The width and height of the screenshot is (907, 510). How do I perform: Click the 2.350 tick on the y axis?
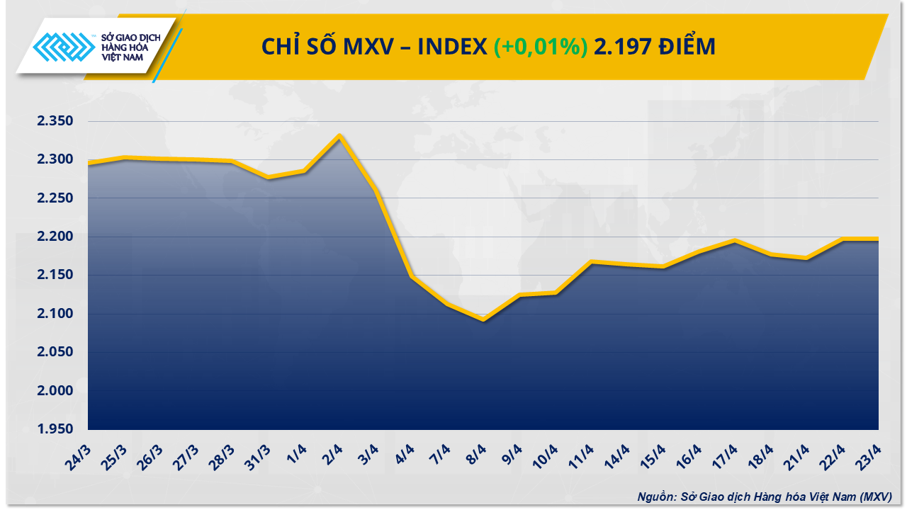coord(56,122)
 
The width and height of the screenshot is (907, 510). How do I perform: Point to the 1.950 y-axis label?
coord(56,429)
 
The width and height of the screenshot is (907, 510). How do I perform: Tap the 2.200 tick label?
coord(56,237)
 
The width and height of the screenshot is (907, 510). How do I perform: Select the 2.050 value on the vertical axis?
coord(56,352)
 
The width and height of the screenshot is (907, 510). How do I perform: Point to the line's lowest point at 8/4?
coord(484,319)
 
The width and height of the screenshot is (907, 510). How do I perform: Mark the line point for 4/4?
coord(412,276)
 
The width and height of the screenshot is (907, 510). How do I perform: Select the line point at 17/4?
coord(735,241)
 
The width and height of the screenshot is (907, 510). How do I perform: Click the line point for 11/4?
coord(592,262)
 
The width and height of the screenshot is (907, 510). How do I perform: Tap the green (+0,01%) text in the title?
coord(540,47)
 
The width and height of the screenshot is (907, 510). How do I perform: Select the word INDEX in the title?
coord(451,47)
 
